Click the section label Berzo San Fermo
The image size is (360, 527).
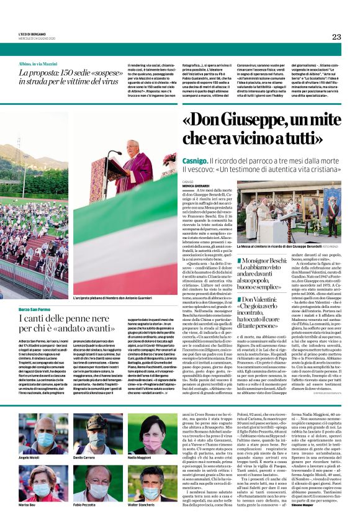point(35,309)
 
